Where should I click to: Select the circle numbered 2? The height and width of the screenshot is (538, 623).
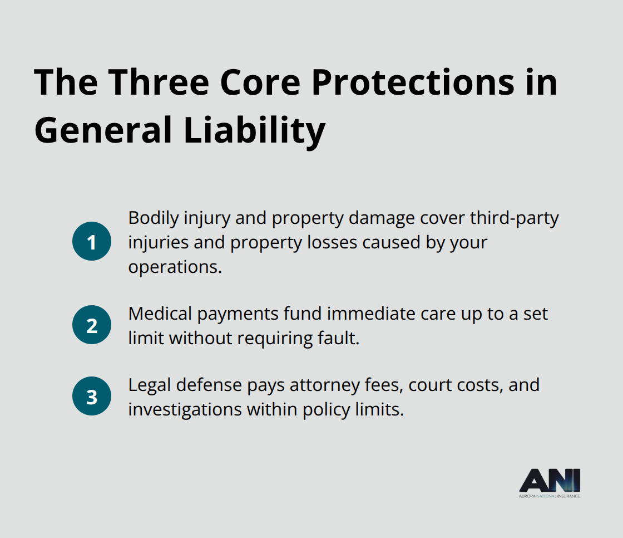pyautogui.click(x=92, y=325)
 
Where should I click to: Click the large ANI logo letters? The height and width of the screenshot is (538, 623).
pyautogui.click(x=550, y=480)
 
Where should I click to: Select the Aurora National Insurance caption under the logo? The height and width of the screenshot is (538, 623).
pyautogui.click(x=550, y=496)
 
